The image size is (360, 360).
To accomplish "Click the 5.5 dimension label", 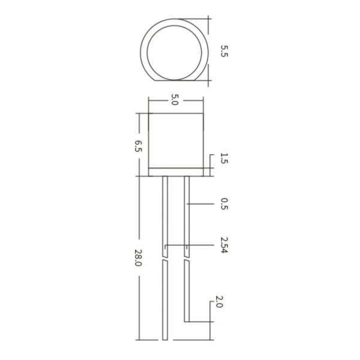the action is (x=224, y=51).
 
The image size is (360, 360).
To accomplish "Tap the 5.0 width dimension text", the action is (x=175, y=100).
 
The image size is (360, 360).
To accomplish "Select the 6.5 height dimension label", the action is (x=138, y=146).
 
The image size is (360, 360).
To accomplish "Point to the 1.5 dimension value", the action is (x=224, y=158).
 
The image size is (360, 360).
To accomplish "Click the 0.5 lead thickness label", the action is (x=224, y=204).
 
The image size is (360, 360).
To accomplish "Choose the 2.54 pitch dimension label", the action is (x=224, y=245).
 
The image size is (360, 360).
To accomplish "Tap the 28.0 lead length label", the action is (x=138, y=257).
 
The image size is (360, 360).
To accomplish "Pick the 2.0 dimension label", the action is (x=219, y=301).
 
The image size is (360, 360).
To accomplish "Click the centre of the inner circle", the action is (x=174, y=53).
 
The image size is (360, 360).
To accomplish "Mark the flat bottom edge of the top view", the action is (x=175, y=80).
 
